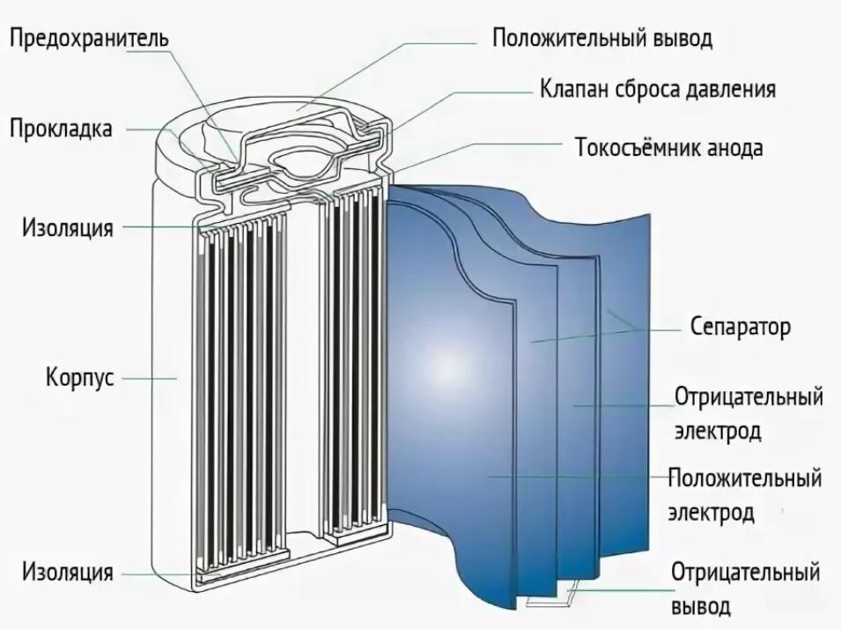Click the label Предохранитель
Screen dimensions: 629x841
pos(88,40)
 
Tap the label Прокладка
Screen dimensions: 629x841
pos(61,129)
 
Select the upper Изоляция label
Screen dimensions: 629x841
pos(67,228)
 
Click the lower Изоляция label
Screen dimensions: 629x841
pos(67,573)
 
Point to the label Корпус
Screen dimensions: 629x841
pos(79,378)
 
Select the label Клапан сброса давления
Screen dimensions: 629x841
pos(657,90)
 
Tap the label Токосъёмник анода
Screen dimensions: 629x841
pos(668,146)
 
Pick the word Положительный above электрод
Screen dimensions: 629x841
pos(745,478)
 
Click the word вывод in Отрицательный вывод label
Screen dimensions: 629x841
pos(701,606)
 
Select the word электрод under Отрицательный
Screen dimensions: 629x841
pos(718,433)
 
